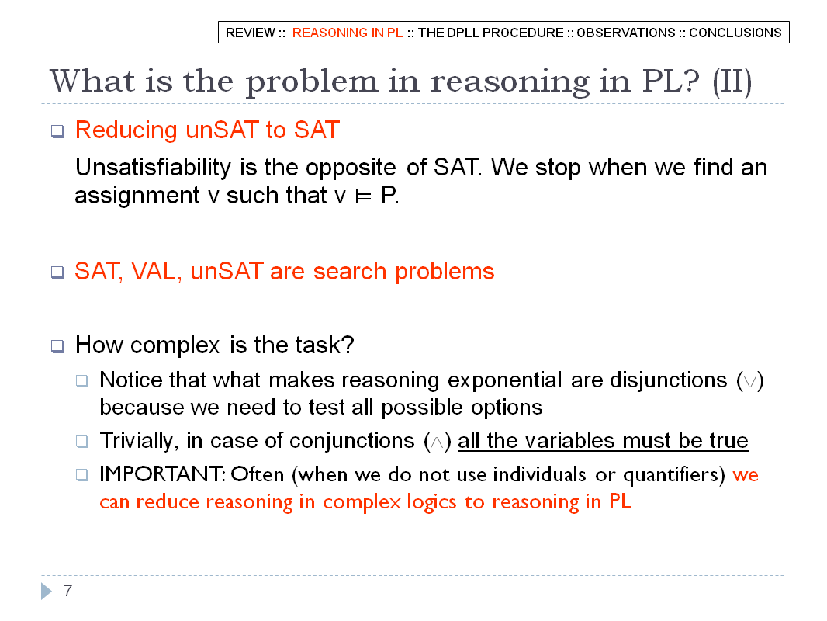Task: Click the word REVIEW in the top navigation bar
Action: (x=250, y=33)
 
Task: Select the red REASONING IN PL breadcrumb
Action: (x=348, y=33)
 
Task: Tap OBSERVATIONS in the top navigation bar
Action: (x=625, y=33)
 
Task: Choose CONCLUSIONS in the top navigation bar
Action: (x=735, y=33)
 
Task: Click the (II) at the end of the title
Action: (x=732, y=82)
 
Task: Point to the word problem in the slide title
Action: (x=312, y=82)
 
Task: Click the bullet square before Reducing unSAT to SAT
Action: (x=57, y=131)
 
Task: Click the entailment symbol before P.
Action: (x=363, y=196)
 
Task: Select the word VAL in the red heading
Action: (x=154, y=272)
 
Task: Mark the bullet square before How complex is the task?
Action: (x=57, y=346)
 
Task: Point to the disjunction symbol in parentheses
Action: (x=750, y=381)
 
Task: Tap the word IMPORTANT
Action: (x=161, y=474)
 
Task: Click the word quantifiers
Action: (x=671, y=475)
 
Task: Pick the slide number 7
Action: (x=68, y=591)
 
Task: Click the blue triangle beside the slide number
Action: (x=47, y=591)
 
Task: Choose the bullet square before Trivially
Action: (x=81, y=441)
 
